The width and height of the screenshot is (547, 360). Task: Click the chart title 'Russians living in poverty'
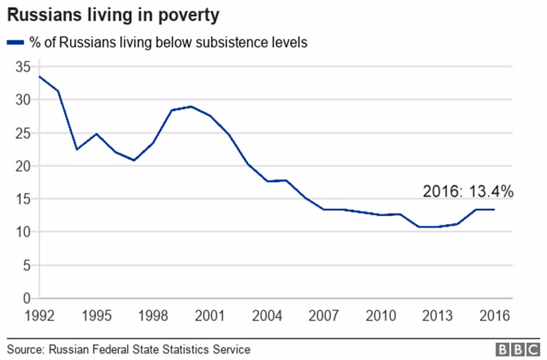(114, 14)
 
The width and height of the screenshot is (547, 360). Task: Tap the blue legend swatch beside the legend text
(15, 43)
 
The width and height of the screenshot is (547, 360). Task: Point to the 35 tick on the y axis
(22, 67)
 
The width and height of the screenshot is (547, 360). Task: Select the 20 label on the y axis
(22, 166)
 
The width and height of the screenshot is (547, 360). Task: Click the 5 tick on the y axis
(26, 265)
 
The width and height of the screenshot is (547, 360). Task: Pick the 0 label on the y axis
(26, 298)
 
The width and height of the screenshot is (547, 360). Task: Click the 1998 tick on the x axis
(152, 316)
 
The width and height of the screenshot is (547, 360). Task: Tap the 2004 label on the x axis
(266, 316)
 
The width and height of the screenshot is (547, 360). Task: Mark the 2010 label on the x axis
(381, 316)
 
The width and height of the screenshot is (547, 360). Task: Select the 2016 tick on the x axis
(494, 316)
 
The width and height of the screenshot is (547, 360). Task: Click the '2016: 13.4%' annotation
(467, 192)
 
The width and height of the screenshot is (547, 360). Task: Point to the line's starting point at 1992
(39, 76)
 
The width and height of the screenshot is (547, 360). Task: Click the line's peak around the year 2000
(191, 107)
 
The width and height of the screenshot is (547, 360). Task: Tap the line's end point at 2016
(494, 210)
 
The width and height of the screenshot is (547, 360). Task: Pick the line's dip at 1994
(77, 149)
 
